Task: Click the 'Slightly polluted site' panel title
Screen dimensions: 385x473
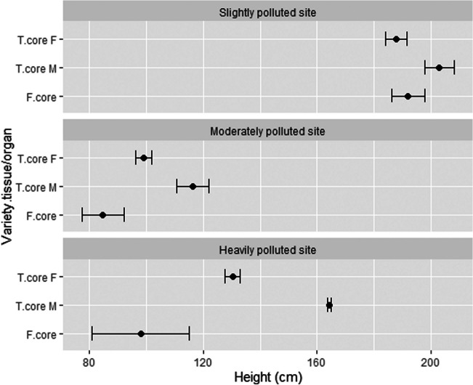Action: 267,12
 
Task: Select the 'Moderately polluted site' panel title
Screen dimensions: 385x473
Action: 267,131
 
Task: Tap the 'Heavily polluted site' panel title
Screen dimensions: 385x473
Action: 267,251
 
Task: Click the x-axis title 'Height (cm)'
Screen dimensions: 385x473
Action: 267,376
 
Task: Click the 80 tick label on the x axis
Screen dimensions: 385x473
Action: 89,362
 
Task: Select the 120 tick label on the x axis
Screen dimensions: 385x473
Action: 203,362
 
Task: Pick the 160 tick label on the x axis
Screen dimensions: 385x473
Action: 317,362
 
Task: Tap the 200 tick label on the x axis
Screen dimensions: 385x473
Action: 431,362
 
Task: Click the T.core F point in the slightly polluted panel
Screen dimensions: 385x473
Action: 396,39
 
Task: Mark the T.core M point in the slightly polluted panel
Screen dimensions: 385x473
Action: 439,68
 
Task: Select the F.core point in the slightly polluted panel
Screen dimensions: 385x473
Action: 408,96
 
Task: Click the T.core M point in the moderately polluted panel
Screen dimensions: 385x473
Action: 193,187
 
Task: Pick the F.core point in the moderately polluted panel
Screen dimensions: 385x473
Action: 102,215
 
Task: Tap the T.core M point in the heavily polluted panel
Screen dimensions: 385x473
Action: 329,306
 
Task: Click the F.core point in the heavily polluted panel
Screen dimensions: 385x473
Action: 141,334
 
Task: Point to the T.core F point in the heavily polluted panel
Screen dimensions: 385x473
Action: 233,277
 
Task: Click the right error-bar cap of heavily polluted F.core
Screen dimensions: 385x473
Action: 189,334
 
